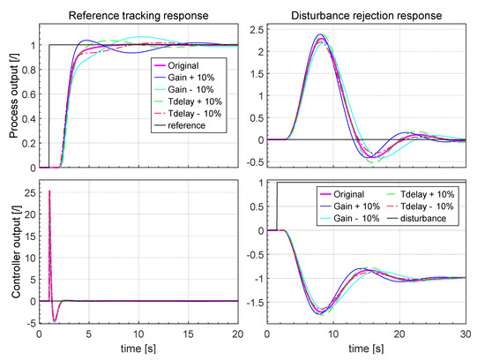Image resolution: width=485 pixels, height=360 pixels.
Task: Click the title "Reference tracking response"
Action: (x=138, y=13)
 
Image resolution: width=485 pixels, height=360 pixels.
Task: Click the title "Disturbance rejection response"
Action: (x=367, y=13)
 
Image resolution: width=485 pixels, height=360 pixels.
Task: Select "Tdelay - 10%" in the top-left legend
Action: (x=190, y=113)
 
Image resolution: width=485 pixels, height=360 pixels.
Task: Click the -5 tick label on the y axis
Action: (x=29, y=322)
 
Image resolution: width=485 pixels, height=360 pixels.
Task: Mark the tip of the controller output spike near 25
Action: (x=49, y=191)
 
